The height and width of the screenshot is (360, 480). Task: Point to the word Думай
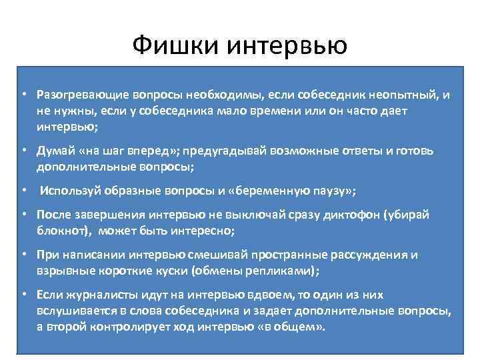coord(54,151)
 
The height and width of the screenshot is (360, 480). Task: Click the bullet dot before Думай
coord(23,151)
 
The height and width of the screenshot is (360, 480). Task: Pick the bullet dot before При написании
coord(23,256)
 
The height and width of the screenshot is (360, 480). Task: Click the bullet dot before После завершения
coord(23,216)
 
